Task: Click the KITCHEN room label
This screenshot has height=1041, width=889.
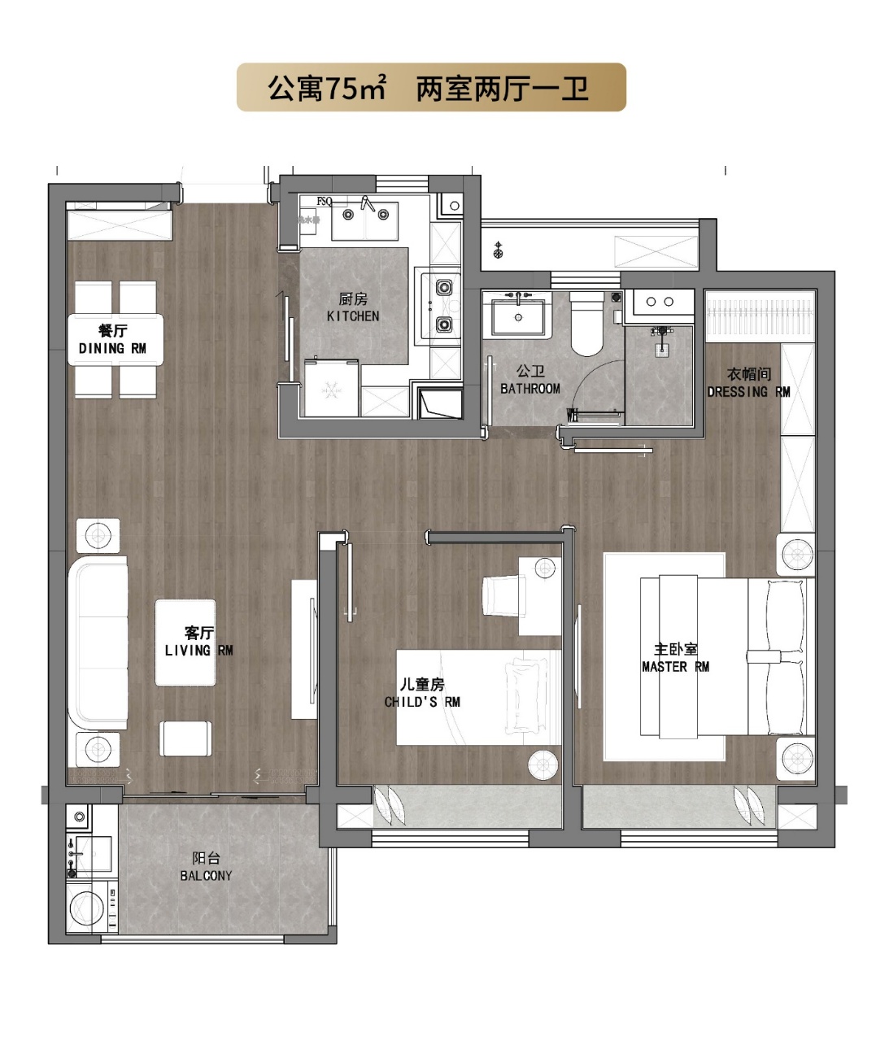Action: click(x=352, y=316)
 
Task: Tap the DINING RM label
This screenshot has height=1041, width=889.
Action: click(x=112, y=349)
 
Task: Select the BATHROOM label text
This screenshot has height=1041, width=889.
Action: click(x=529, y=389)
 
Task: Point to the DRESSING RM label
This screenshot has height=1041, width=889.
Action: click(x=748, y=392)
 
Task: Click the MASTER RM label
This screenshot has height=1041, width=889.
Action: click(x=675, y=667)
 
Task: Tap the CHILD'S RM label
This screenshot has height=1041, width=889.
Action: click(x=422, y=702)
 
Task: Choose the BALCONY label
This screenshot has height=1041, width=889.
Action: click(x=206, y=876)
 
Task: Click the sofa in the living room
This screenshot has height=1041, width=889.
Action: click(x=98, y=643)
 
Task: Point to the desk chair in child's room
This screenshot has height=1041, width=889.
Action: click(x=503, y=595)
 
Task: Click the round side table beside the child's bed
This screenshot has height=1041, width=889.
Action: click(x=543, y=765)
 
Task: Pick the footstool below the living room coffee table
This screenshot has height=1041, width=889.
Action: click(x=185, y=738)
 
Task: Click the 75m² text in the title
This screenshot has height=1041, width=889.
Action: click(x=356, y=89)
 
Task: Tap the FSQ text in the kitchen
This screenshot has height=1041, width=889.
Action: click(x=325, y=202)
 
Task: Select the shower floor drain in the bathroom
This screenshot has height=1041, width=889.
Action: click(x=662, y=349)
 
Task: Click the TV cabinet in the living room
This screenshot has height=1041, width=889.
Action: click(x=303, y=650)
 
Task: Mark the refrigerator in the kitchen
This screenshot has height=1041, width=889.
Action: click(x=331, y=388)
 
